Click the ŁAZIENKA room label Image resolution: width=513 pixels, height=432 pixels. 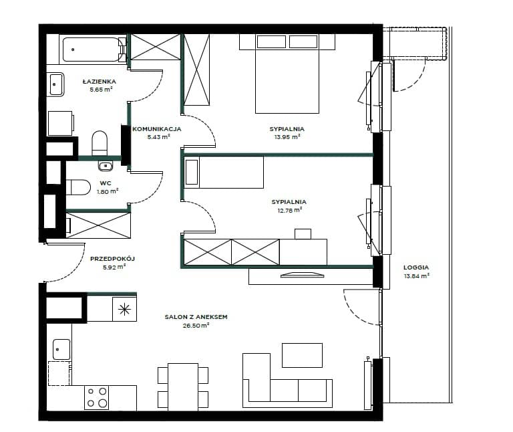99,81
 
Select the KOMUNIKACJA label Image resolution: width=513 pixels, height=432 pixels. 156,129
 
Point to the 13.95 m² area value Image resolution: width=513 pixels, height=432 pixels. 287,137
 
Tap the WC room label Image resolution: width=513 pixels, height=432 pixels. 106,183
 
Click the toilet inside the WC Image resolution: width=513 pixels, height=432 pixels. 78,187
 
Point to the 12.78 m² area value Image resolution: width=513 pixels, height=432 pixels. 289,211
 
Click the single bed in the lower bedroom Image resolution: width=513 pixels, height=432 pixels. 224,172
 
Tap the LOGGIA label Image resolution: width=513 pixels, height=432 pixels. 416,267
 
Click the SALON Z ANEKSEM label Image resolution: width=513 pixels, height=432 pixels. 196,317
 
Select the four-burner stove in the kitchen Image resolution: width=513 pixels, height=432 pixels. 96,397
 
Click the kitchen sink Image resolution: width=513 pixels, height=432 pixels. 61,350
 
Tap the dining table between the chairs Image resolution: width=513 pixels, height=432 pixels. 183,387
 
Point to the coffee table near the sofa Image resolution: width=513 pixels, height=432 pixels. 303,355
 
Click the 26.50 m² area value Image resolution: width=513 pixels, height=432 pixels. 196,326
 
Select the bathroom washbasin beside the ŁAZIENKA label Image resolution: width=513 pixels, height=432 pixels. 56,84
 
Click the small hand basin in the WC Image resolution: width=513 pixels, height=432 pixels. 106,166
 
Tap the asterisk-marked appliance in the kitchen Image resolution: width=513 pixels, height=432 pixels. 125,309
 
